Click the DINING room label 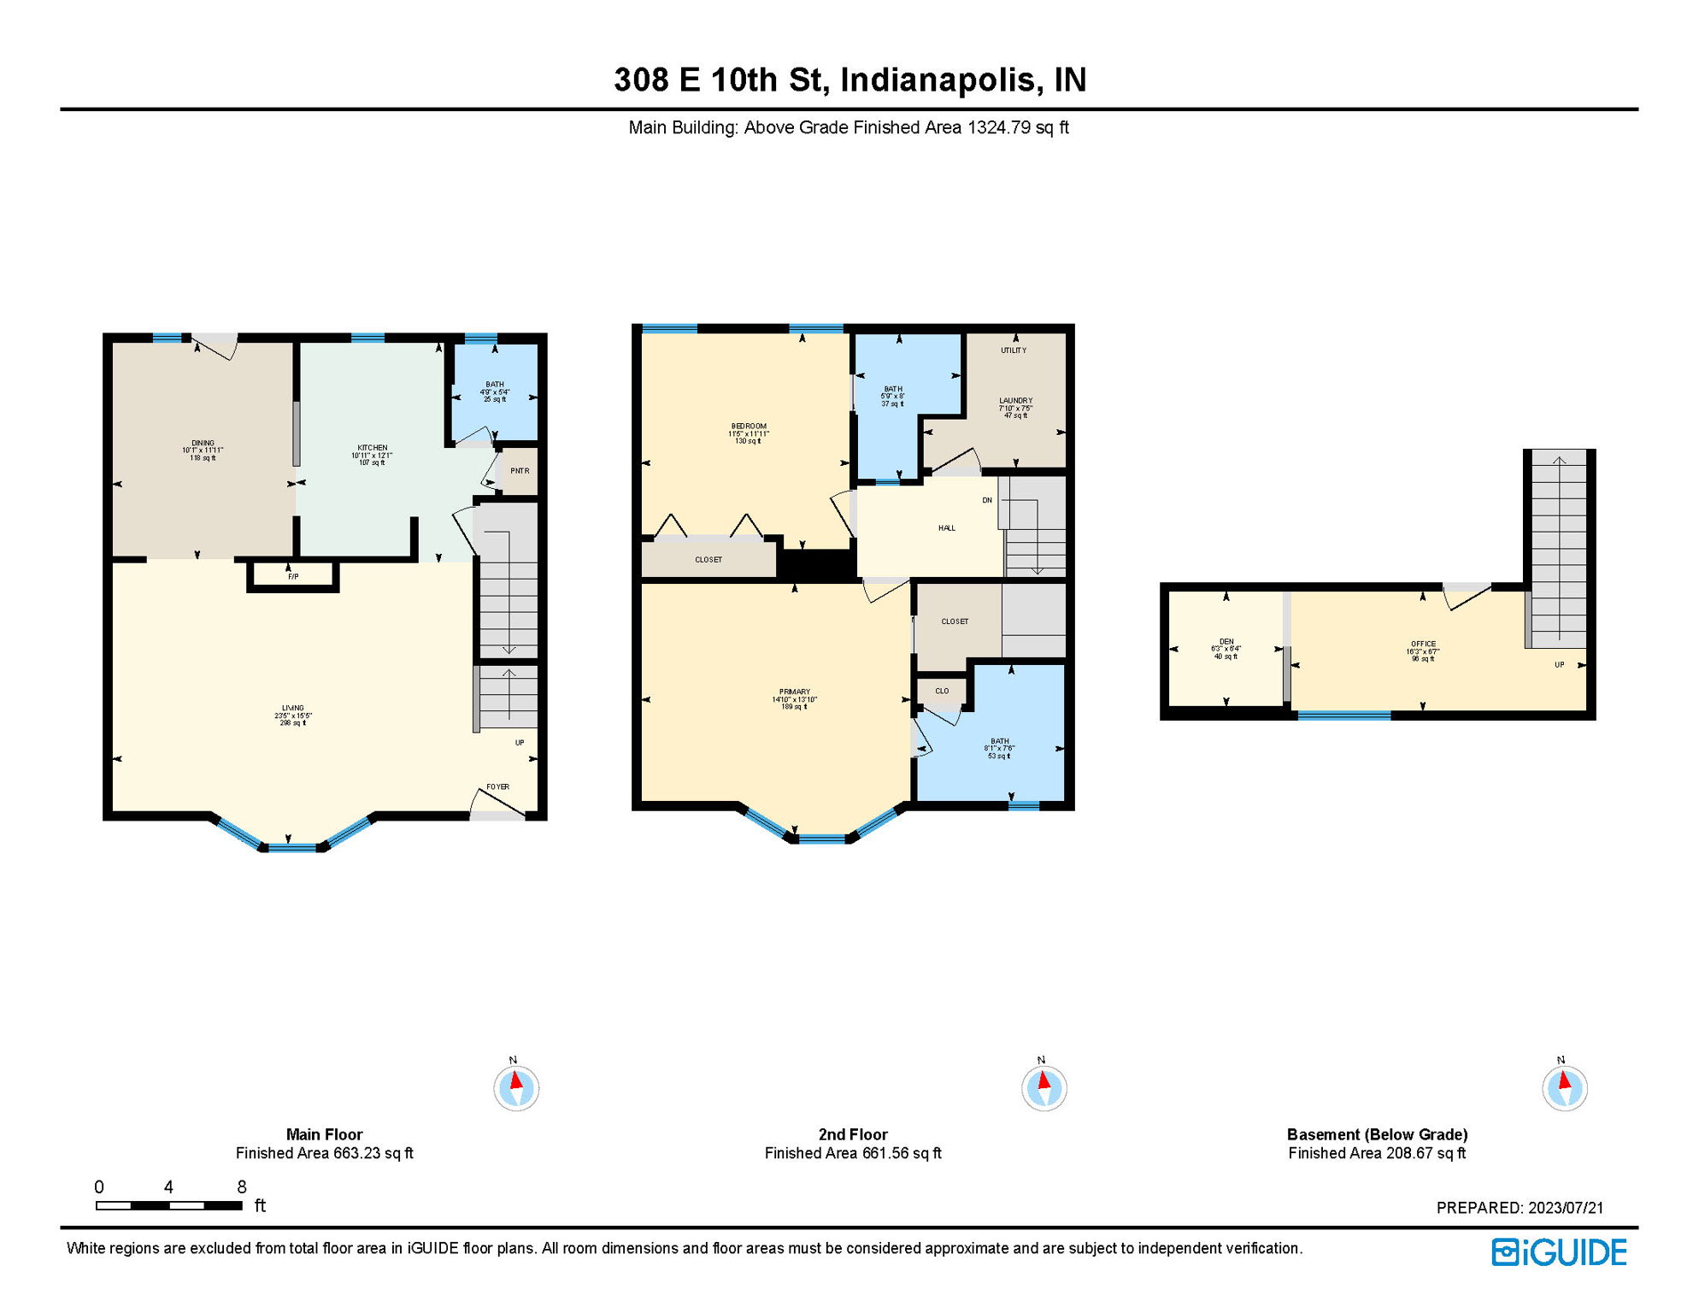tap(203, 443)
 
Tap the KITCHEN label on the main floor tap(372, 448)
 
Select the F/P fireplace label tap(293, 577)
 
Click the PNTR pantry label tap(520, 471)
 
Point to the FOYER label tap(498, 787)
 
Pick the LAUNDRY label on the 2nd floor tap(1016, 401)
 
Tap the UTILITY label tap(1014, 350)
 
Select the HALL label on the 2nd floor tap(947, 528)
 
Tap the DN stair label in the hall tap(987, 501)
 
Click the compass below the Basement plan tap(1565, 1088)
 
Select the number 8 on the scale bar tap(242, 1187)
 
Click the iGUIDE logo tap(1559, 1253)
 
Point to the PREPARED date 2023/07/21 tap(1566, 1208)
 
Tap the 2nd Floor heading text tap(853, 1135)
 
